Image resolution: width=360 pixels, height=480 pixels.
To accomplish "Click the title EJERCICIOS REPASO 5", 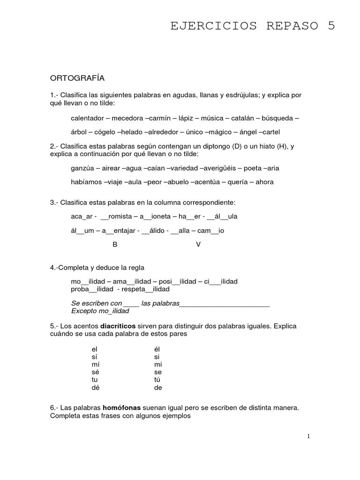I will [x=253, y=26].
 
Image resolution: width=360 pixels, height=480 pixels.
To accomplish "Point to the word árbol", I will [x=79, y=132].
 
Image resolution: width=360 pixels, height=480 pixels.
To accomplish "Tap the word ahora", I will [x=264, y=182].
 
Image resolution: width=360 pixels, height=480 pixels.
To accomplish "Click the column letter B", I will [x=115, y=245].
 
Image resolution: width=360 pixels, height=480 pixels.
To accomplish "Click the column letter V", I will [x=198, y=245].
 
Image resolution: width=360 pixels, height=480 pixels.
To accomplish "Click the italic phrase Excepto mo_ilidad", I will [x=100, y=310].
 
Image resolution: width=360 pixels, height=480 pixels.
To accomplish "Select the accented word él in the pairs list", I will [x=157, y=349].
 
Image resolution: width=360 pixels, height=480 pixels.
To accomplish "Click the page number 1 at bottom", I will [x=308, y=436].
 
